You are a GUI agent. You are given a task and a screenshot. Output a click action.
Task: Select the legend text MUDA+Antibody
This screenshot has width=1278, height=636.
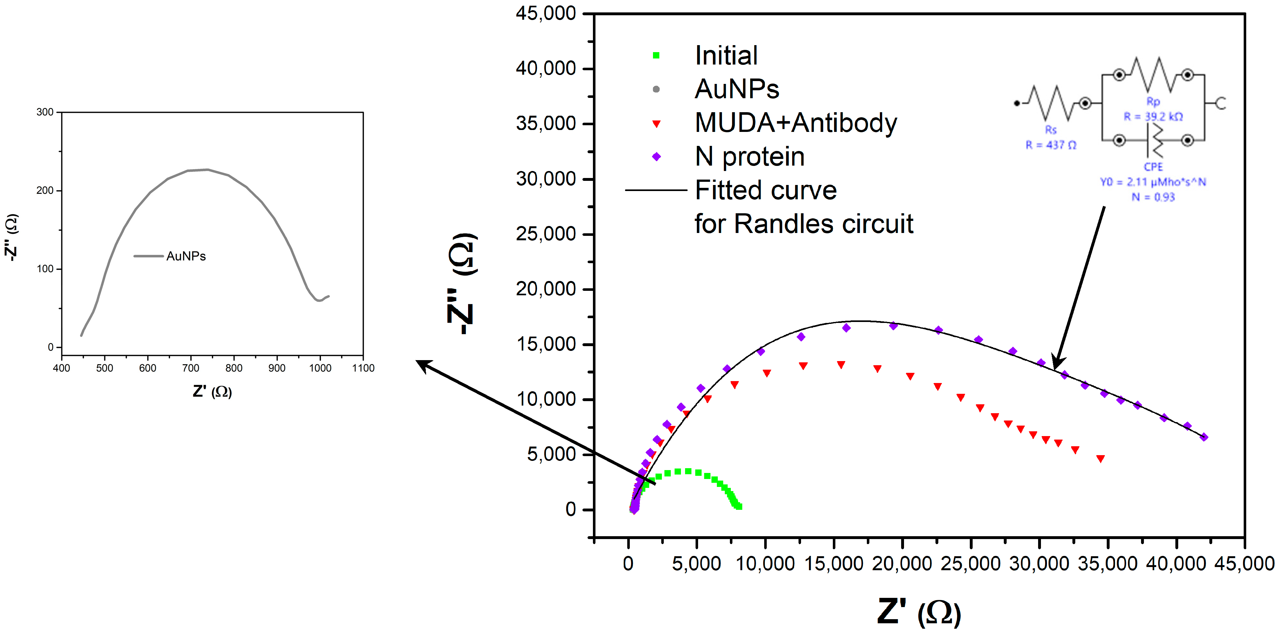click(x=796, y=123)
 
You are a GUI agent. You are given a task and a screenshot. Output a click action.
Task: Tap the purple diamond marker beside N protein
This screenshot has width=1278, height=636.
click(x=656, y=157)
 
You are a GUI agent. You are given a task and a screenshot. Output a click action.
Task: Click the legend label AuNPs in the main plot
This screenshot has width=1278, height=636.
click(x=737, y=89)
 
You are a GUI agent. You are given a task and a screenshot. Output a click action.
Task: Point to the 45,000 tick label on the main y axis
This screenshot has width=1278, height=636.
click(x=545, y=13)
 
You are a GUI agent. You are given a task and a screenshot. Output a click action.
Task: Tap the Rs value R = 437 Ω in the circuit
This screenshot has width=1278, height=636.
click(x=1051, y=145)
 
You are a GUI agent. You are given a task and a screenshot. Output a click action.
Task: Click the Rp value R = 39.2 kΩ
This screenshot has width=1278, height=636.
click(x=1153, y=117)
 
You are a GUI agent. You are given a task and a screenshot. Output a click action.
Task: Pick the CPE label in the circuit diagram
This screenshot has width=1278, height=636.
click(x=1153, y=167)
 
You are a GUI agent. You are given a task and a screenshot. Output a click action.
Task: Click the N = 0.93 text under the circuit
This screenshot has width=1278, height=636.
click(x=1153, y=197)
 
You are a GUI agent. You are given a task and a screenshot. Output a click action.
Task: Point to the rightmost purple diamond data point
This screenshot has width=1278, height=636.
click(x=1204, y=437)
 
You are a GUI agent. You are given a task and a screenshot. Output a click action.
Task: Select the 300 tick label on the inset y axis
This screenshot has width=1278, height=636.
click(x=45, y=112)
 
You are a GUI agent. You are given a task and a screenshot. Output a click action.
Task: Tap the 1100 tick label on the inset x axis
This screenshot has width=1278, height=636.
click(x=363, y=368)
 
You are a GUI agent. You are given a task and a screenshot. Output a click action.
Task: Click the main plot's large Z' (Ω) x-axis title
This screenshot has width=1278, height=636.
click(x=919, y=612)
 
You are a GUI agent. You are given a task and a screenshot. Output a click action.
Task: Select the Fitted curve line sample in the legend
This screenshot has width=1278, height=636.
click(x=656, y=190)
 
